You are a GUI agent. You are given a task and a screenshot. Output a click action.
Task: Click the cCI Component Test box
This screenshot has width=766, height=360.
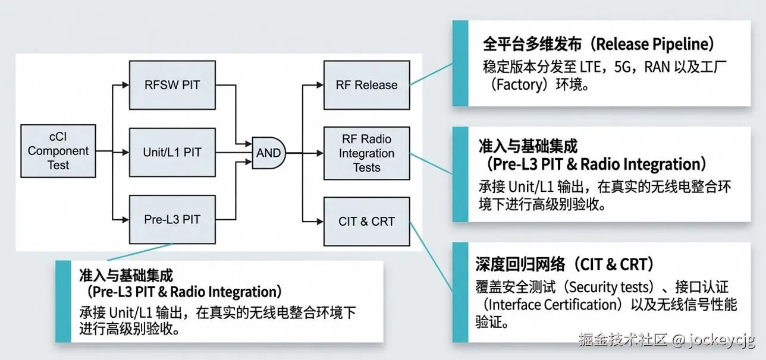click(x=58, y=151)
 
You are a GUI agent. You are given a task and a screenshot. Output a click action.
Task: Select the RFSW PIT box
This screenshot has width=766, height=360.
click(x=172, y=85)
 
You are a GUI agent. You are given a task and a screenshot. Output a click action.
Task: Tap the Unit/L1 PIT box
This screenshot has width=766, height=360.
click(x=172, y=152)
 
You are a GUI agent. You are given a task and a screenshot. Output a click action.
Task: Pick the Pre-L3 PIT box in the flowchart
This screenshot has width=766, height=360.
click(x=172, y=219)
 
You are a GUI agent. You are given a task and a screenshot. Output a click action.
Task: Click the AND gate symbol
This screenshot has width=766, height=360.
click(x=269, y=153)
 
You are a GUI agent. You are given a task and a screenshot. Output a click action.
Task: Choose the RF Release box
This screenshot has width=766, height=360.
click(x=366, y=85)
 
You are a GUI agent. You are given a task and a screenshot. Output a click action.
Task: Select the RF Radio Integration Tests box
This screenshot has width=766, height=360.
click(x=366, y=153)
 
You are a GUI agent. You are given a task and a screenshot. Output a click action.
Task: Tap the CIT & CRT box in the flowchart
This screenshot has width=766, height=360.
click(x=366, y=221)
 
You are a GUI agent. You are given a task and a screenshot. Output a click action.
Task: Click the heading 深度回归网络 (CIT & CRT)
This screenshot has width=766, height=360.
click(x=565, y=264)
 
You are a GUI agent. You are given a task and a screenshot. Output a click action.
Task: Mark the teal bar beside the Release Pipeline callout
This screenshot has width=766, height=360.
click(x=460, y=63)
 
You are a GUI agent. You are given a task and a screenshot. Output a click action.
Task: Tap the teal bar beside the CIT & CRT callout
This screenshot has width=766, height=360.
click(x=460, y=292)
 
